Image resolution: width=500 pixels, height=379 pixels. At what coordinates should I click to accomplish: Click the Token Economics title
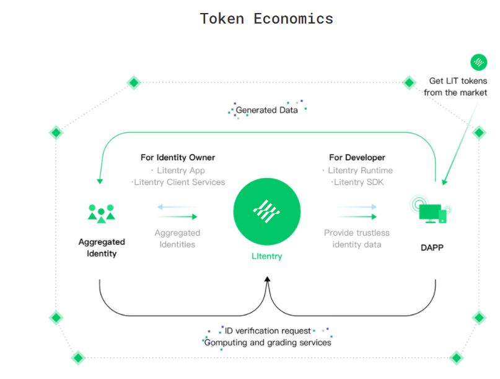(x=266, y=19)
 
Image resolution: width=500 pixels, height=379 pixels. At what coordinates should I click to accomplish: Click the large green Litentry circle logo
(x=267, y=212)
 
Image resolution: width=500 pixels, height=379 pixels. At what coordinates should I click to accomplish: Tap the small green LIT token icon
(x=479, y=62)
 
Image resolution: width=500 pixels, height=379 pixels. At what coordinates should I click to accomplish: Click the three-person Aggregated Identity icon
(x=102, y=213)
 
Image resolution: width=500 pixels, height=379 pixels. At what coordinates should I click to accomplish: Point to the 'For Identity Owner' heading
(x=178, y=158)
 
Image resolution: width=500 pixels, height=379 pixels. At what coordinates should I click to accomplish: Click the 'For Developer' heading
(x=357, y=158)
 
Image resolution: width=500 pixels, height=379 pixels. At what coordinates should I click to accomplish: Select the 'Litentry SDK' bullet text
(x=359, y=182)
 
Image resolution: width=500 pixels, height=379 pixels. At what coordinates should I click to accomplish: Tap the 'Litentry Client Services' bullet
(x=179, y=182)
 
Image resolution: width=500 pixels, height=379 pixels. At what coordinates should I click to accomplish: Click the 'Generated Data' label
(x=266, y=110)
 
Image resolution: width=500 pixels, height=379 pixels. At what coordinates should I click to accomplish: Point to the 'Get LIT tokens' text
(x=458, y=81)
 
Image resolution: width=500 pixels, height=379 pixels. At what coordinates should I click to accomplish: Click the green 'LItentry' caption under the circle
(x=267, y=256)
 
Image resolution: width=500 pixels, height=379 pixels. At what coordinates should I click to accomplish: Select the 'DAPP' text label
(x=432, y=247)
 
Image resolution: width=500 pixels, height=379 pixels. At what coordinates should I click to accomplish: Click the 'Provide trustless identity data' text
(x=357, y=239)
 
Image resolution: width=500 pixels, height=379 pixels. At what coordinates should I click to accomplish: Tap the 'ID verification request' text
(x=268, y=331)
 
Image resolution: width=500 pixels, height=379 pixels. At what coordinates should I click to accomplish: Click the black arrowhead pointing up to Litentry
(x=268, y=279)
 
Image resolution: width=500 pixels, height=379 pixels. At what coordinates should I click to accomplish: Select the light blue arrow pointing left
(x=177, y=207)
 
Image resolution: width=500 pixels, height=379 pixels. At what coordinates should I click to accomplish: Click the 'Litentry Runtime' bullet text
(x=361, y=171)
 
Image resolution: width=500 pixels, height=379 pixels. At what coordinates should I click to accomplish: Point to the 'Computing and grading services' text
(x=268, y=342)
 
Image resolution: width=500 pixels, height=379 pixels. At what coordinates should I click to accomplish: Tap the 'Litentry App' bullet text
(x=181, y=171)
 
